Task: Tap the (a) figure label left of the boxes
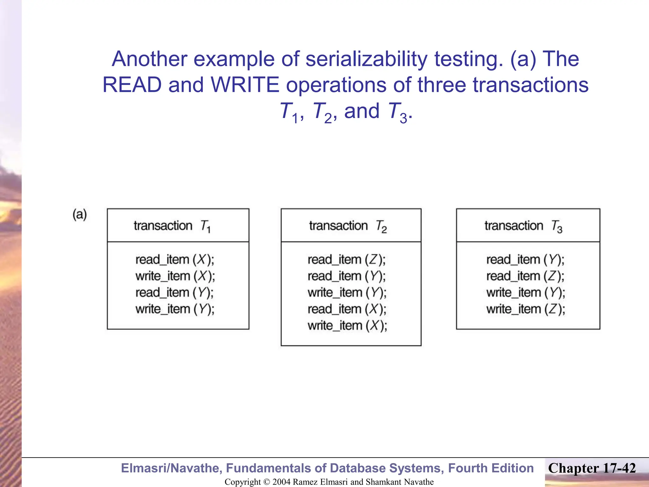point(80,215)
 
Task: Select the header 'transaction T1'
point(172,226)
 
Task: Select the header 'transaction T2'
point(348,226)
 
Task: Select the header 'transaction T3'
point(523,226)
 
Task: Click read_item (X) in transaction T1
point(175,260)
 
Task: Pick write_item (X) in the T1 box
point(175,276)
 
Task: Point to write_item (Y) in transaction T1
point(175,309)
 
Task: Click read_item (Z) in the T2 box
point(347,260)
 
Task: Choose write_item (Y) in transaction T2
point(347,293)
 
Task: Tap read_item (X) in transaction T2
point(347,309)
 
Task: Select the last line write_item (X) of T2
point(347,326)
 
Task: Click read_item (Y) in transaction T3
point(525,260)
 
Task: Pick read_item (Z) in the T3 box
point(525,276)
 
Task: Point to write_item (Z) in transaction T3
point(526,309)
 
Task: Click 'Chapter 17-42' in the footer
point(592,468)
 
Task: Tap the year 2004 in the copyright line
point(281,482)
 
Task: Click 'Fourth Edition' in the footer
point(491,468)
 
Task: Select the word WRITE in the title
point(245,85)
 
